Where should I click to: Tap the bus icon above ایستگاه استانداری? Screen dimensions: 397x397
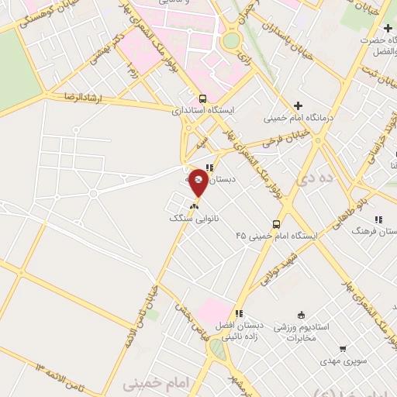[202, 98]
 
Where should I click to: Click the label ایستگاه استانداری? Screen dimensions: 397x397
[203, 112]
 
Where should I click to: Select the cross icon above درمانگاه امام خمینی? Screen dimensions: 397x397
[298, 105]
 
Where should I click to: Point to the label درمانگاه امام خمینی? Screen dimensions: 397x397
[298, 119]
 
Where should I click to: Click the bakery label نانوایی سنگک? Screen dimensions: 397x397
[195, 220]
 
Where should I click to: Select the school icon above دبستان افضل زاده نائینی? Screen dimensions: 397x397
[239, 313]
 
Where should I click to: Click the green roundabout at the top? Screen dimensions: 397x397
[231, 40]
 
